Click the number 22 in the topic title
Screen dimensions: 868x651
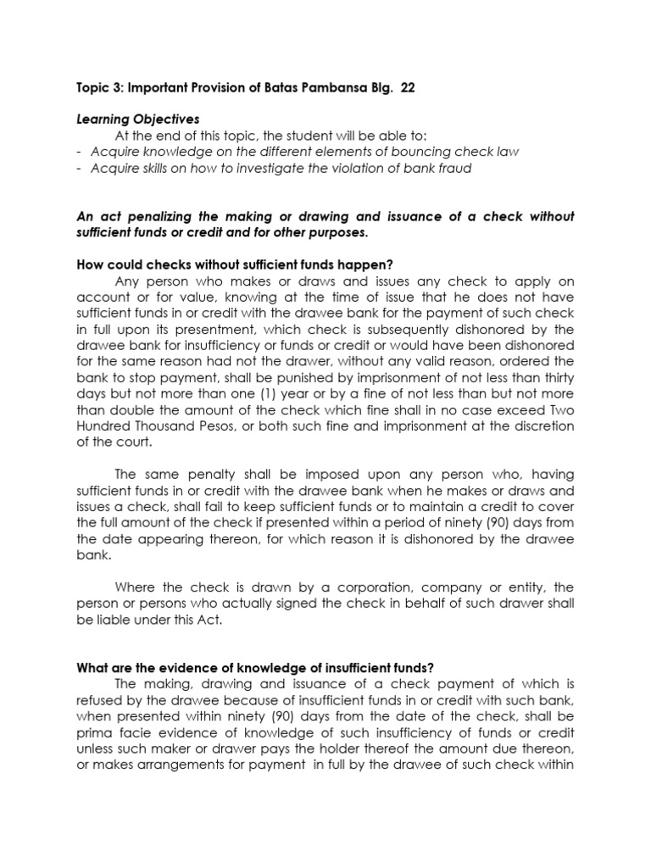pos(408,89)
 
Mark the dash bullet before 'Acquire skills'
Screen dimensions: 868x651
pos(79,168)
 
